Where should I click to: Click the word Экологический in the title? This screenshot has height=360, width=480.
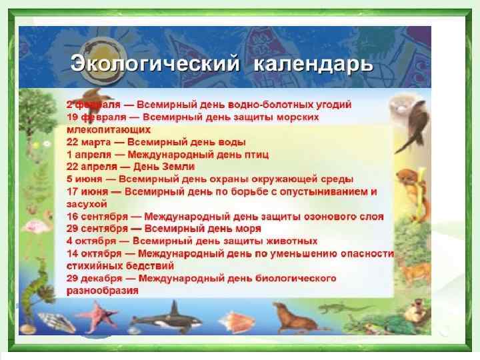(154, 65)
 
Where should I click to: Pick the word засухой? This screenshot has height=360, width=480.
(86, 203)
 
